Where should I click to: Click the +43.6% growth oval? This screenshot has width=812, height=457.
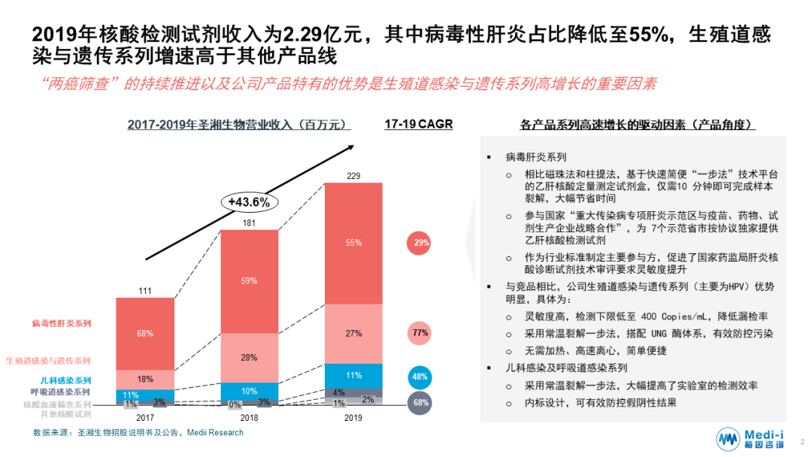pyautogui.click(x=250, y=201)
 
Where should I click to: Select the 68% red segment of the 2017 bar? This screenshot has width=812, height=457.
pyautogui.click(x=145, y=333)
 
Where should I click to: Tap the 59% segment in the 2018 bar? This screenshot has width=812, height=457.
pyautogui.click(x=249, y=280)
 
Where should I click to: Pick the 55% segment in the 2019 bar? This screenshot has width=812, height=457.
pyautogui.click(x=353, y=242)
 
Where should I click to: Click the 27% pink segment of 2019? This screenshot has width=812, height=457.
pyautogui.click(x=353, y=332)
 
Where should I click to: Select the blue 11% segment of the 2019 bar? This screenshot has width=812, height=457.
pyautogui.click(x=353, y=375)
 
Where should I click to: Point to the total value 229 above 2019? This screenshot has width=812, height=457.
pyautogui.click(x=353, y=176)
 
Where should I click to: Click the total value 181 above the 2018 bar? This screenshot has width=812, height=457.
pyautogui.click(x=249, y=222)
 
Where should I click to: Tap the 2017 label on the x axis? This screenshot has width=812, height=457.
pyautogui.click(x=145, y=417)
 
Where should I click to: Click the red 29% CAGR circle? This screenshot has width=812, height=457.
pyautogui.click(x=420, y=243)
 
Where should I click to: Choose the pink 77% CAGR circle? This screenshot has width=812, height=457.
pyautogui.click(x=420, y=332)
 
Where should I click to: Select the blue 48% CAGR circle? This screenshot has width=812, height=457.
pyautogui.click(x=420, y=377)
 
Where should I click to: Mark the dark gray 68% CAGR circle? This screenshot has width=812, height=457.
pyautogui.click(x=420, y=403)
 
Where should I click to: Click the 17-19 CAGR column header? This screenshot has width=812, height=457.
pyautogui.click(x=418, y=124)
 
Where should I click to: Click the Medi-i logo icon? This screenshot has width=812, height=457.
pyautogui.click(x=727, y=439)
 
